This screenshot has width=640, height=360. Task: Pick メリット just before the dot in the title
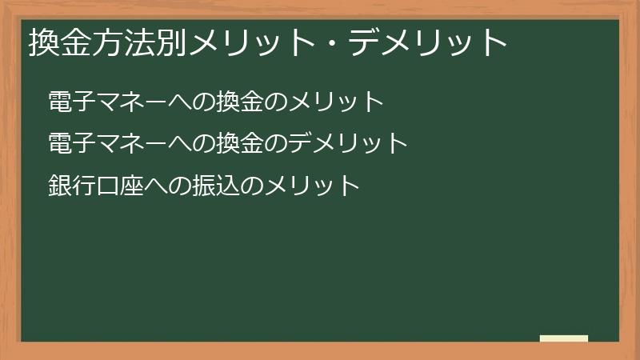[255, 42]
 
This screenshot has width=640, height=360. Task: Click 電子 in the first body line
[69, 102]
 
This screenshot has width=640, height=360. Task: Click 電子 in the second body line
[69, 144]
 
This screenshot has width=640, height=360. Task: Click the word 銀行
[69, 186]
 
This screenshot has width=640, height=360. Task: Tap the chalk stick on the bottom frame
[564, 338]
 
